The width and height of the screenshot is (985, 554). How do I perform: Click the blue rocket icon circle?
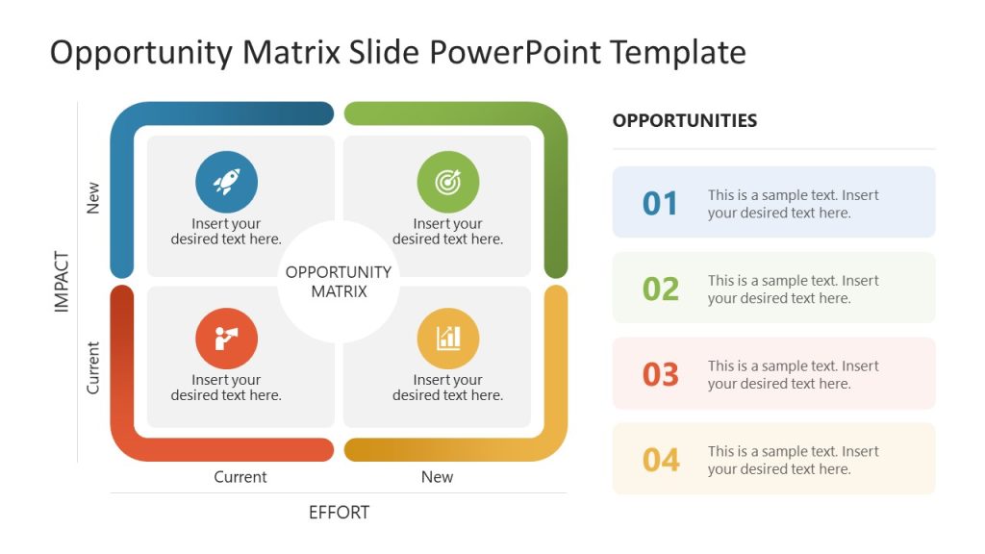(x=226, y=182)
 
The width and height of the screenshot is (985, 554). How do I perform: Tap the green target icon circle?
(x=447, y=182)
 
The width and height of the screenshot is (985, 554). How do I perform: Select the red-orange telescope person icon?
(x=226, y=339)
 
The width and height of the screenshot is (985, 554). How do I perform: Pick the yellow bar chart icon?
(x=447, y=339)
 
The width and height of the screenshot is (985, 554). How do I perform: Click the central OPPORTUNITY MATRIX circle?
(x=339, y=282)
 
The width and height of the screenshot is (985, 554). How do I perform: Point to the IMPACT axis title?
(x=63, y=282)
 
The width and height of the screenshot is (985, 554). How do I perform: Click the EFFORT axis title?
(x=339, y=513)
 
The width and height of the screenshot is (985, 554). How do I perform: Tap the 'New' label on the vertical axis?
(x=93, y=198)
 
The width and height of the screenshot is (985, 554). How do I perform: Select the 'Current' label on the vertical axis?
(x=93, y=367)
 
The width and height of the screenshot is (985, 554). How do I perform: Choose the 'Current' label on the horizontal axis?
(x=240, y=477)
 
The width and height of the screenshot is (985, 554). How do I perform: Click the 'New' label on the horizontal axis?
(x=437, y=477)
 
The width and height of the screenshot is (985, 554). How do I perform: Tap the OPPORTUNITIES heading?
(x=685, y=121)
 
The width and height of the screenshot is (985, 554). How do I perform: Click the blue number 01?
(x=661, y=204)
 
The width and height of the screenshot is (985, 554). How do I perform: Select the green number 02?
(x=661, y=289)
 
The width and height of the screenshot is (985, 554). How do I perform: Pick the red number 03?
(x=661, y=374)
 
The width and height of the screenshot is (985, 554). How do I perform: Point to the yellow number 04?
(x=661, y=460)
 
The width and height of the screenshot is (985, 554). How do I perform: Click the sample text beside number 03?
(x=793, y=374)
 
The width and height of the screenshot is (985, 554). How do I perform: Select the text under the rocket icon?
(x=226, y=232)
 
